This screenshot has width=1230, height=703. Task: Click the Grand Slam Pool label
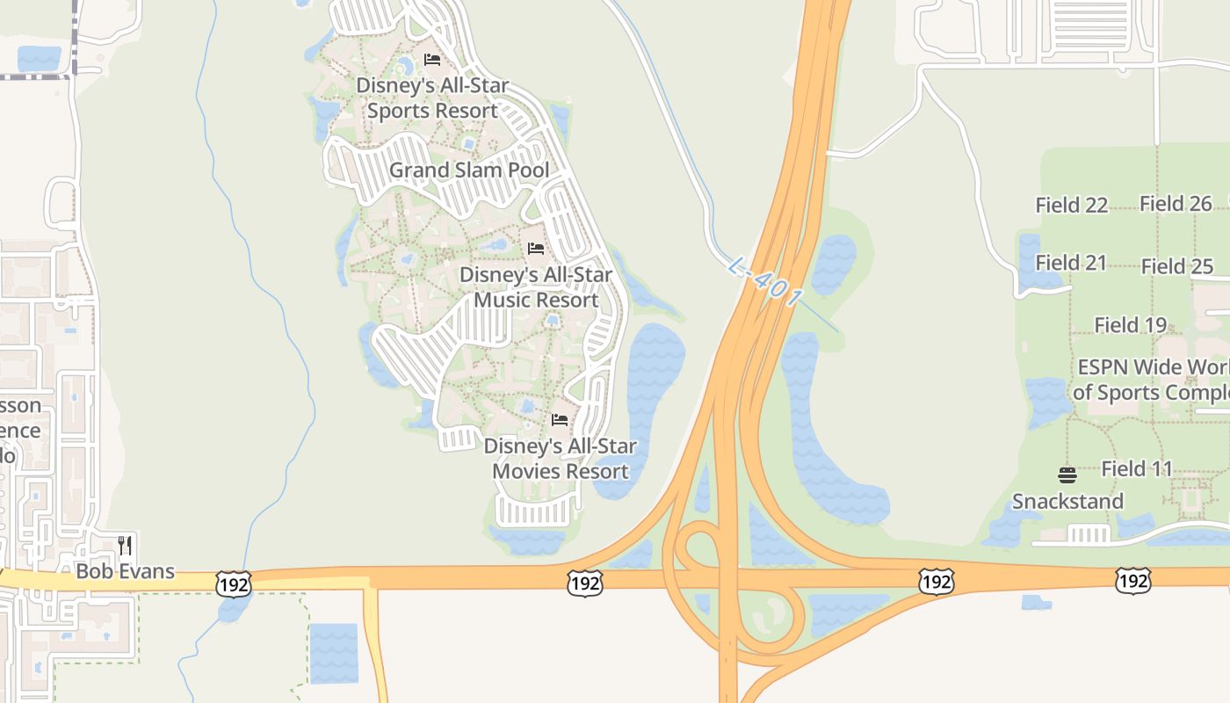pyautogui.click(x=469, y=170)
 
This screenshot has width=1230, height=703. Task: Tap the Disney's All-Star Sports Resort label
pyautogui.click(x=432, y=98)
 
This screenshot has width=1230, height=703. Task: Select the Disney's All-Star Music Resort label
pyautogui.click(x=536, y=287)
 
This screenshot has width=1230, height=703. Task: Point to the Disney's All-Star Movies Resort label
pyautogui.click(x=561, y=458)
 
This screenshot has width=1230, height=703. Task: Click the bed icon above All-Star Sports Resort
pyautogui.click(x=431, y=60)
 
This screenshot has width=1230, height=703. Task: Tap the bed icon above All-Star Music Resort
pyautogui.click(x=536, y=248)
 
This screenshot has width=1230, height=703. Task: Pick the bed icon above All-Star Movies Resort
pyautogui.click(x=560, y=419)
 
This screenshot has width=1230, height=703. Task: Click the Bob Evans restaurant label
pyautogui.click(x=125, y=571)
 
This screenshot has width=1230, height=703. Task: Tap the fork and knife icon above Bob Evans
pyautogui.click(x=125, y=546)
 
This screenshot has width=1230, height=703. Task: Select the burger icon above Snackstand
pyautogui.click(x=1067, y=475)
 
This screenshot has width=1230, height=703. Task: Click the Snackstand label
pyautogui.click(x=1067, y=501)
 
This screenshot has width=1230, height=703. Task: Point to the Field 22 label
pyautogui.click(x=1071, y=205)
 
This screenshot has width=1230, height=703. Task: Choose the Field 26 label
pyautogui.click(x=1176, y=204)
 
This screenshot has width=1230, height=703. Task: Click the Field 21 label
pyautogui.click(x=1071, y=263)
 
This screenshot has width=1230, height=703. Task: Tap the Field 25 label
pyautogui.click(x=1177, y=266)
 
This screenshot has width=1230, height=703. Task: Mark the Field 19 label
pyautogui.click(x=1130, y=325)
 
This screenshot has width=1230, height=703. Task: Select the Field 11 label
pyautogui.click(x=1137, y=468)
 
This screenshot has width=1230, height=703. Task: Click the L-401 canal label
pyautogui.click(x=765, y=282)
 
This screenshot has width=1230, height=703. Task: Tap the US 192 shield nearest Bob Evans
pyautogui.click(x=233, y=583)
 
